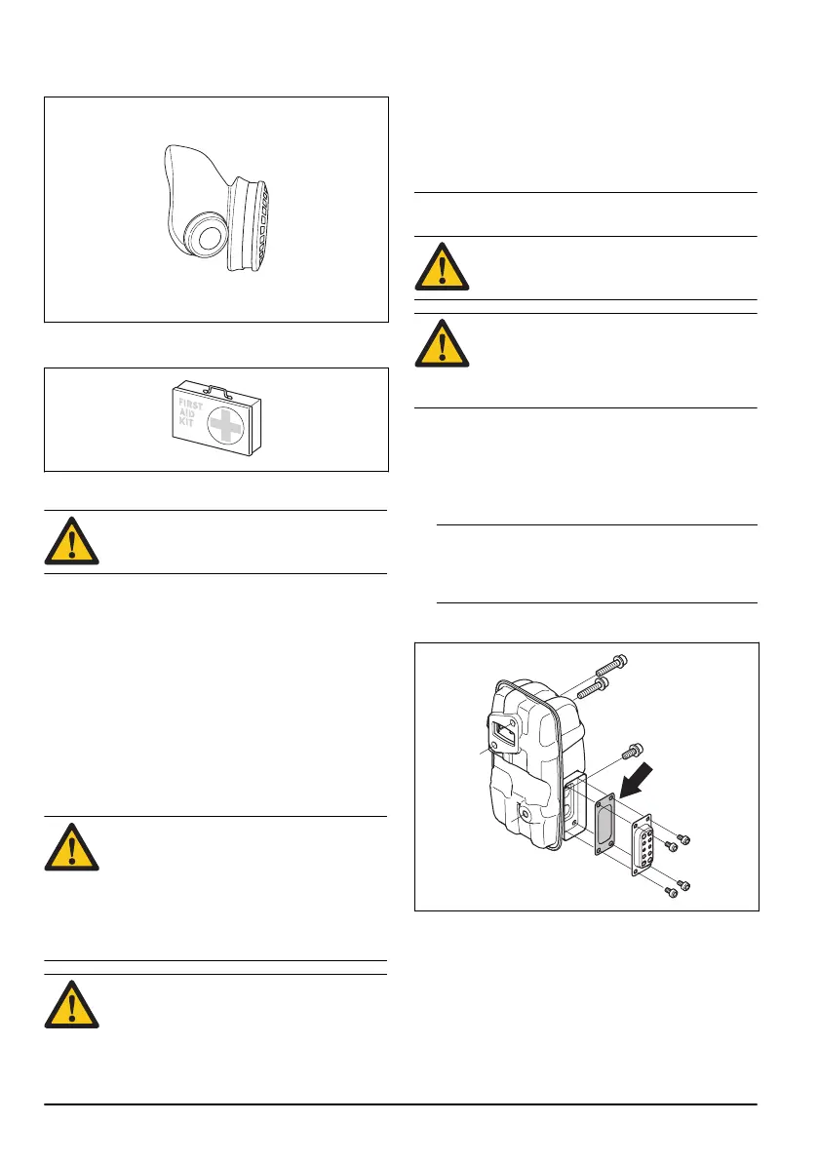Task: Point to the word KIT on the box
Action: point(185,426)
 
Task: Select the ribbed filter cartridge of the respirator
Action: point(251,223)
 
